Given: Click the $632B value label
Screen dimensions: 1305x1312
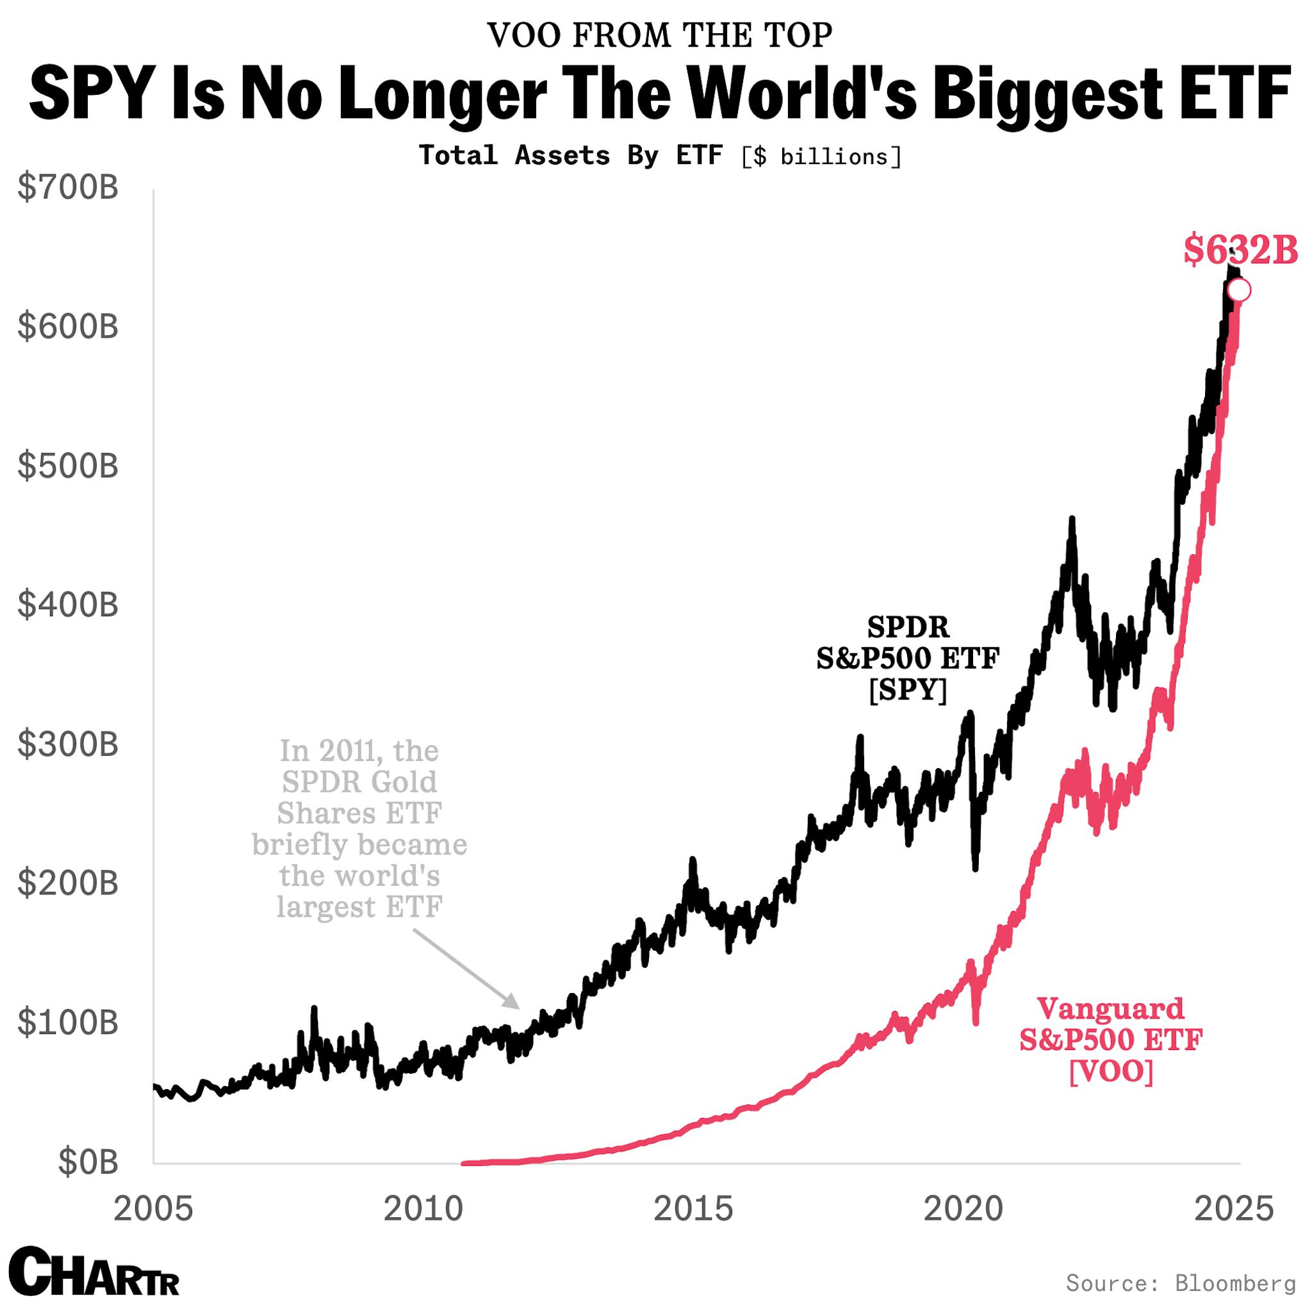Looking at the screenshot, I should point(1240,250).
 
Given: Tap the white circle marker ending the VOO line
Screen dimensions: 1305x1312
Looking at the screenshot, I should point(1240,291).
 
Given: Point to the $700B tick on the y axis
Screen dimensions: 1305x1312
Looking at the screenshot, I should point(68,188).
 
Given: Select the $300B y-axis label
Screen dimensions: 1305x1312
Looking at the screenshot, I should point(68,745).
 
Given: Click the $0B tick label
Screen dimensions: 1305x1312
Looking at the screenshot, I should point(88,1162).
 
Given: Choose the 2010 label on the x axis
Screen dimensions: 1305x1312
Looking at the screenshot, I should point(422,1210).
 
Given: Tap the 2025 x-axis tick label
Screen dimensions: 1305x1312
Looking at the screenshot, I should point(1234,1210).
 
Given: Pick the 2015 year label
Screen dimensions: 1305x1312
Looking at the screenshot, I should point(693,1210).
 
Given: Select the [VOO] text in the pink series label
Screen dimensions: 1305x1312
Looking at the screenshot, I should point(1111,1073).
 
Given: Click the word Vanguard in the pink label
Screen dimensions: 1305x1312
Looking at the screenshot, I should point(1111,1008).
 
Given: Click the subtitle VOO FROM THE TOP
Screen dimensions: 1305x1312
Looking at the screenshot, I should point(659,35).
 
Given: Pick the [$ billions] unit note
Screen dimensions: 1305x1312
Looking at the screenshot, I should point(821,157).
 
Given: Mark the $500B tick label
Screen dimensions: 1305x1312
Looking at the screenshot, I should point(68,466).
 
